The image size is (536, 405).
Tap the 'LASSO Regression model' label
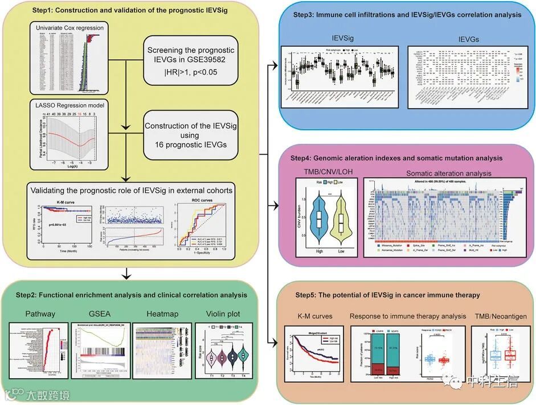click(66, 106)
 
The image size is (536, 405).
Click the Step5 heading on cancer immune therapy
click(387, 295)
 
